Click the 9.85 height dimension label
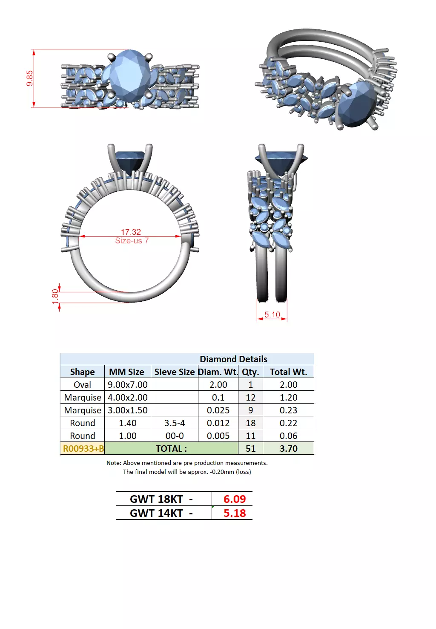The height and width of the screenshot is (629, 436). [29, 78]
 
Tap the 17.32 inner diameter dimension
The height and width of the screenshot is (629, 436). [131, 232]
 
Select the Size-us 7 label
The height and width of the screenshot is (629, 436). [132, 241]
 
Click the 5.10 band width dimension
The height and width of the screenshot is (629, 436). [272, 314]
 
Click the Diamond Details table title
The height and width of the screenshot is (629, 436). [233, 359]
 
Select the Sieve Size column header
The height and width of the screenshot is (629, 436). [175, 372]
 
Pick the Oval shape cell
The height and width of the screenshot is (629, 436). [82, 385]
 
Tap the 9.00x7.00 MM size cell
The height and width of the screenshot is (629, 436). [127, 385]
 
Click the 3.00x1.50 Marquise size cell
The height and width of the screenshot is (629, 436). [127, 410]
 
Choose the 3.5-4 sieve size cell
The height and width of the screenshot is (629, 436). [175, 423]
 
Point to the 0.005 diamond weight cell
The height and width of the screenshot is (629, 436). [218, 436]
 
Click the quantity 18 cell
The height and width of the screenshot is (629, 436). [250, 423]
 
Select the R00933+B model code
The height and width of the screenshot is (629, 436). [83, 449]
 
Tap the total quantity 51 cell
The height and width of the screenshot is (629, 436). [250, 449]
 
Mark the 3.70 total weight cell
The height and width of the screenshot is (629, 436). [288, 449]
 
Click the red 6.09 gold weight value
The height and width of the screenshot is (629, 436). [235, 499]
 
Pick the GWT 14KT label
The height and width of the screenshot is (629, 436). [161, 513]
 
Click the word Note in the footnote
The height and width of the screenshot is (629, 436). [113, 463]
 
